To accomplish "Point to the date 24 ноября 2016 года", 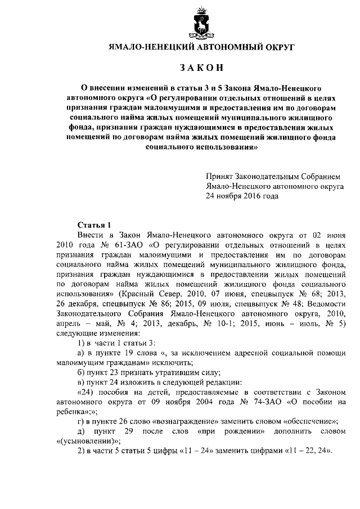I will point(242,196).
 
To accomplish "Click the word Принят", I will point(218,175).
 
